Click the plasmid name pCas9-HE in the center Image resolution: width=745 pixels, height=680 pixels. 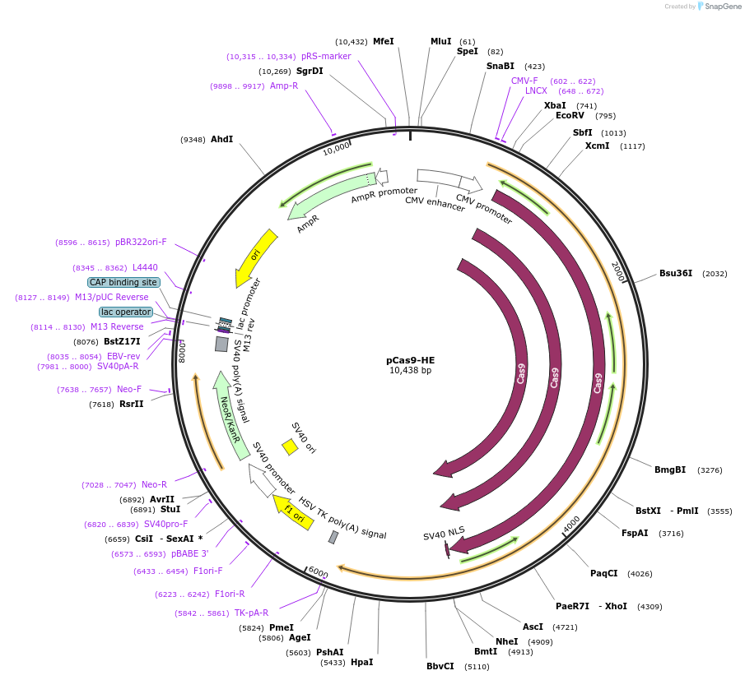coord(410,360)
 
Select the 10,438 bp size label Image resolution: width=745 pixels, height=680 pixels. coord(410,371)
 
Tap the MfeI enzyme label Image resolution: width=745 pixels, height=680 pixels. coord(384,41)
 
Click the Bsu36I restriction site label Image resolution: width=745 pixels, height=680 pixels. coord(676,273)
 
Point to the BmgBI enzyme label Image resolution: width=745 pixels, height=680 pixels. coord(670,470)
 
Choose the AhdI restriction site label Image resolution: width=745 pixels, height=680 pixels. coord(222,139)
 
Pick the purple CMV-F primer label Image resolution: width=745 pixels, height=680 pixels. coord(524,81)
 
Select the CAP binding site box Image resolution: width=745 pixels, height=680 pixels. coord(124,282)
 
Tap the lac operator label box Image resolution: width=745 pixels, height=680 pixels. coord(126,312)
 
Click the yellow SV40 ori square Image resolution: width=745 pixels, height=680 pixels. coord(290,446)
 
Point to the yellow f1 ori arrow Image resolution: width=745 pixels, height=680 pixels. coord(292,511)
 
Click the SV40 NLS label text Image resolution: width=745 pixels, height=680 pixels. coord(444,535)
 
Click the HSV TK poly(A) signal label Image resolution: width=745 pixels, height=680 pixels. coord(342,517)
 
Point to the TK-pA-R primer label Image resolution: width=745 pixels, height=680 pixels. coord(251,613)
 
